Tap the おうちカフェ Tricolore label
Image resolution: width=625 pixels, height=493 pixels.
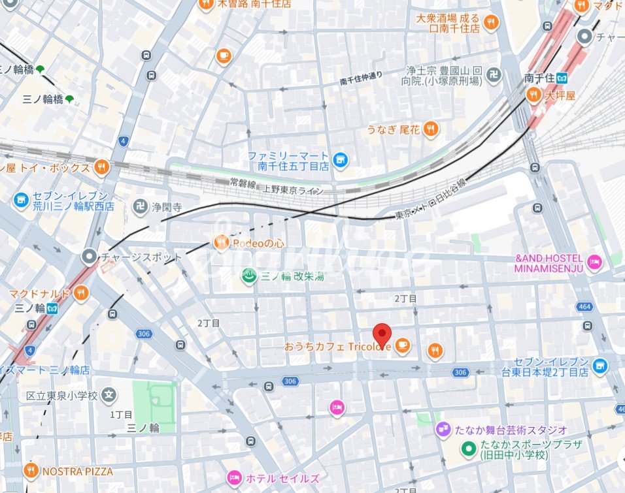coord(337,347)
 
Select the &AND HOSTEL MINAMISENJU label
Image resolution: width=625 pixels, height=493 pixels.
coord(549,263)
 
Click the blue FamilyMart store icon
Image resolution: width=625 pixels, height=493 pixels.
coord(340,159)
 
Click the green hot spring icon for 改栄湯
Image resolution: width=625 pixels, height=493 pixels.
coord(248,276)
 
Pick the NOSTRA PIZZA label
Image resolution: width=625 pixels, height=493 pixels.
coord(77,471)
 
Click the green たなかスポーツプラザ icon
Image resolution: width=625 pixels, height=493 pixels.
coord(468,449)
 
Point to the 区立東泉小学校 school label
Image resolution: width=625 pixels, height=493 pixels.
coord(62,395)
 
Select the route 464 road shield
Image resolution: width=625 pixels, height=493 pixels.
coord(585,306)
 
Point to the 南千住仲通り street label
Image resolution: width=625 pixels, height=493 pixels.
coord(362,78)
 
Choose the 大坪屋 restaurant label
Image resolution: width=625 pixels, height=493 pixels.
coord(560,95)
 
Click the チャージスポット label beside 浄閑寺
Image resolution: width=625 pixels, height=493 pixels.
coord(141,257)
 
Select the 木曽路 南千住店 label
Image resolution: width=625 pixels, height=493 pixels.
coord(254,4)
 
